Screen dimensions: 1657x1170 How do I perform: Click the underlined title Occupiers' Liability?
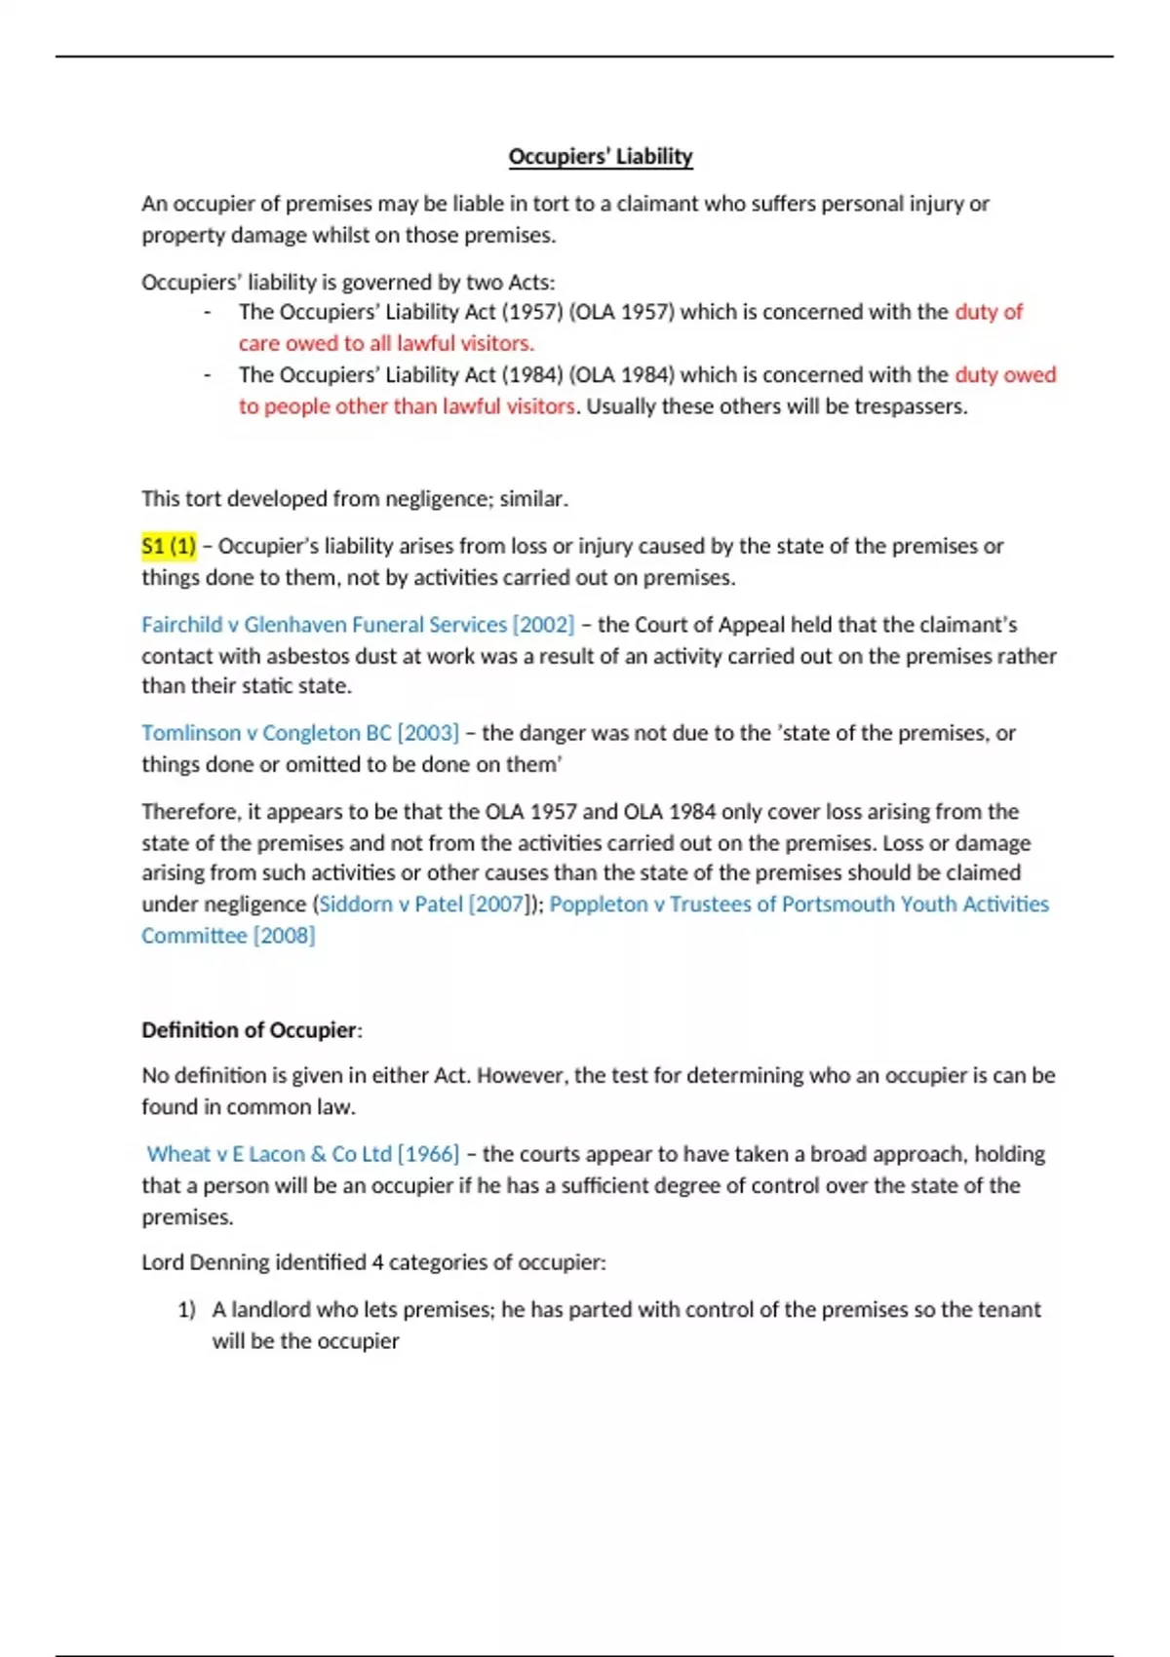pos(601,157)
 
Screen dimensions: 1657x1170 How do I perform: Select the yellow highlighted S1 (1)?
pos(169,546)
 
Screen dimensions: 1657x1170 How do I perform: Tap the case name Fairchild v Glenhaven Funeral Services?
pos(324,625)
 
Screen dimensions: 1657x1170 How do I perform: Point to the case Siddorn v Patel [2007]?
pos(422,905)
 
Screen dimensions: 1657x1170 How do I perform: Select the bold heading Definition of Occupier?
pos(250,1030)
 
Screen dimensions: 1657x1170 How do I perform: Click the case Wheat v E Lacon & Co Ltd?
pos(269,1154)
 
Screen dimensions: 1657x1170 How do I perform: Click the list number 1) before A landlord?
pos(186,1310)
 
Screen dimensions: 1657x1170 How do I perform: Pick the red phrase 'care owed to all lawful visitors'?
pos(386,343)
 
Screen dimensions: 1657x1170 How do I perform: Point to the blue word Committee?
pos(194,936)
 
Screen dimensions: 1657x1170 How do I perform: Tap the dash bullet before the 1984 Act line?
pos(207,375)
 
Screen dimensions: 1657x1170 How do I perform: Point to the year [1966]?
pos(428,1154)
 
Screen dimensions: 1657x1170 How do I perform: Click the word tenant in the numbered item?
pos(1008,1310)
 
